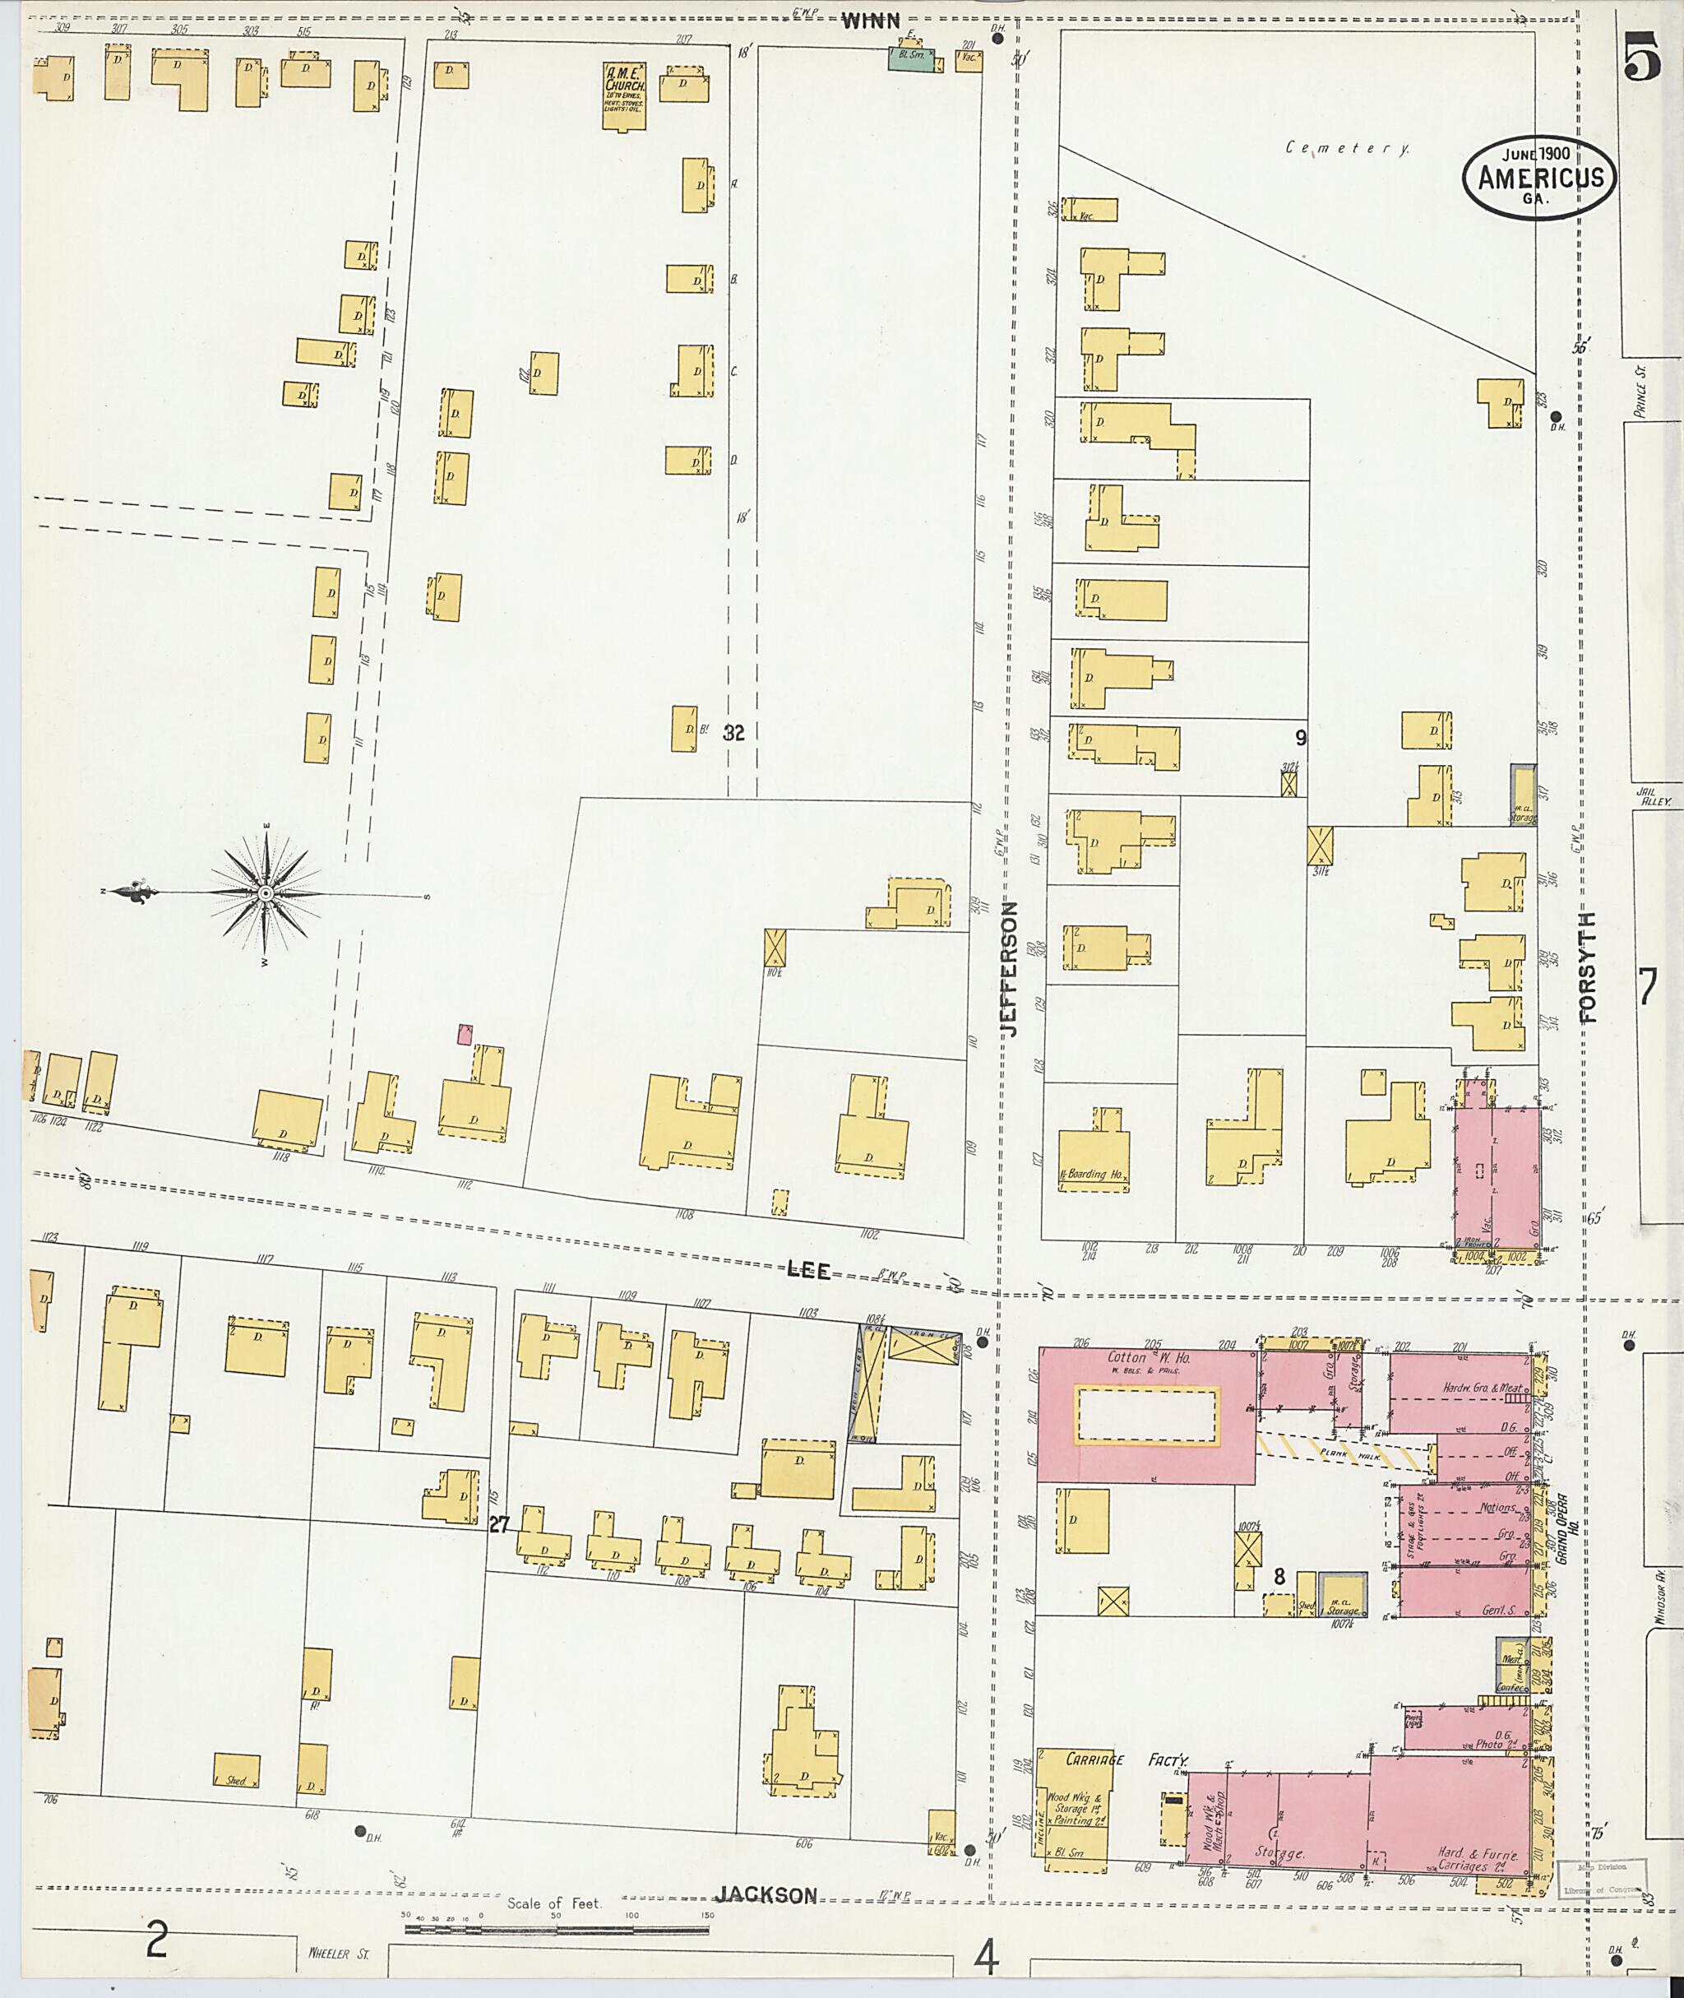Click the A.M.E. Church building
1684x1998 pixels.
pos(623,95)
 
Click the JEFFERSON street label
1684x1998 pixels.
pos(1011,970)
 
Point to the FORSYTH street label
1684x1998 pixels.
pos(1588,967)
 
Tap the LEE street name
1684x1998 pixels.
pos(808,1270)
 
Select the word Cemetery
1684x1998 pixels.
pos(1346,147)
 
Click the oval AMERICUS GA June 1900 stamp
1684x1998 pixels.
pos(1539,179)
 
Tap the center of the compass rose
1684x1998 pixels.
pos(266,893)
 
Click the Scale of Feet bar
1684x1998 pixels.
pos(556,1929)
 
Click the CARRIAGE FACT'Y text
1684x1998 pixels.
pos(1113,1759)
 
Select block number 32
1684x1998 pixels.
pos(733,733)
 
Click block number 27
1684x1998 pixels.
pos(498,1525)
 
